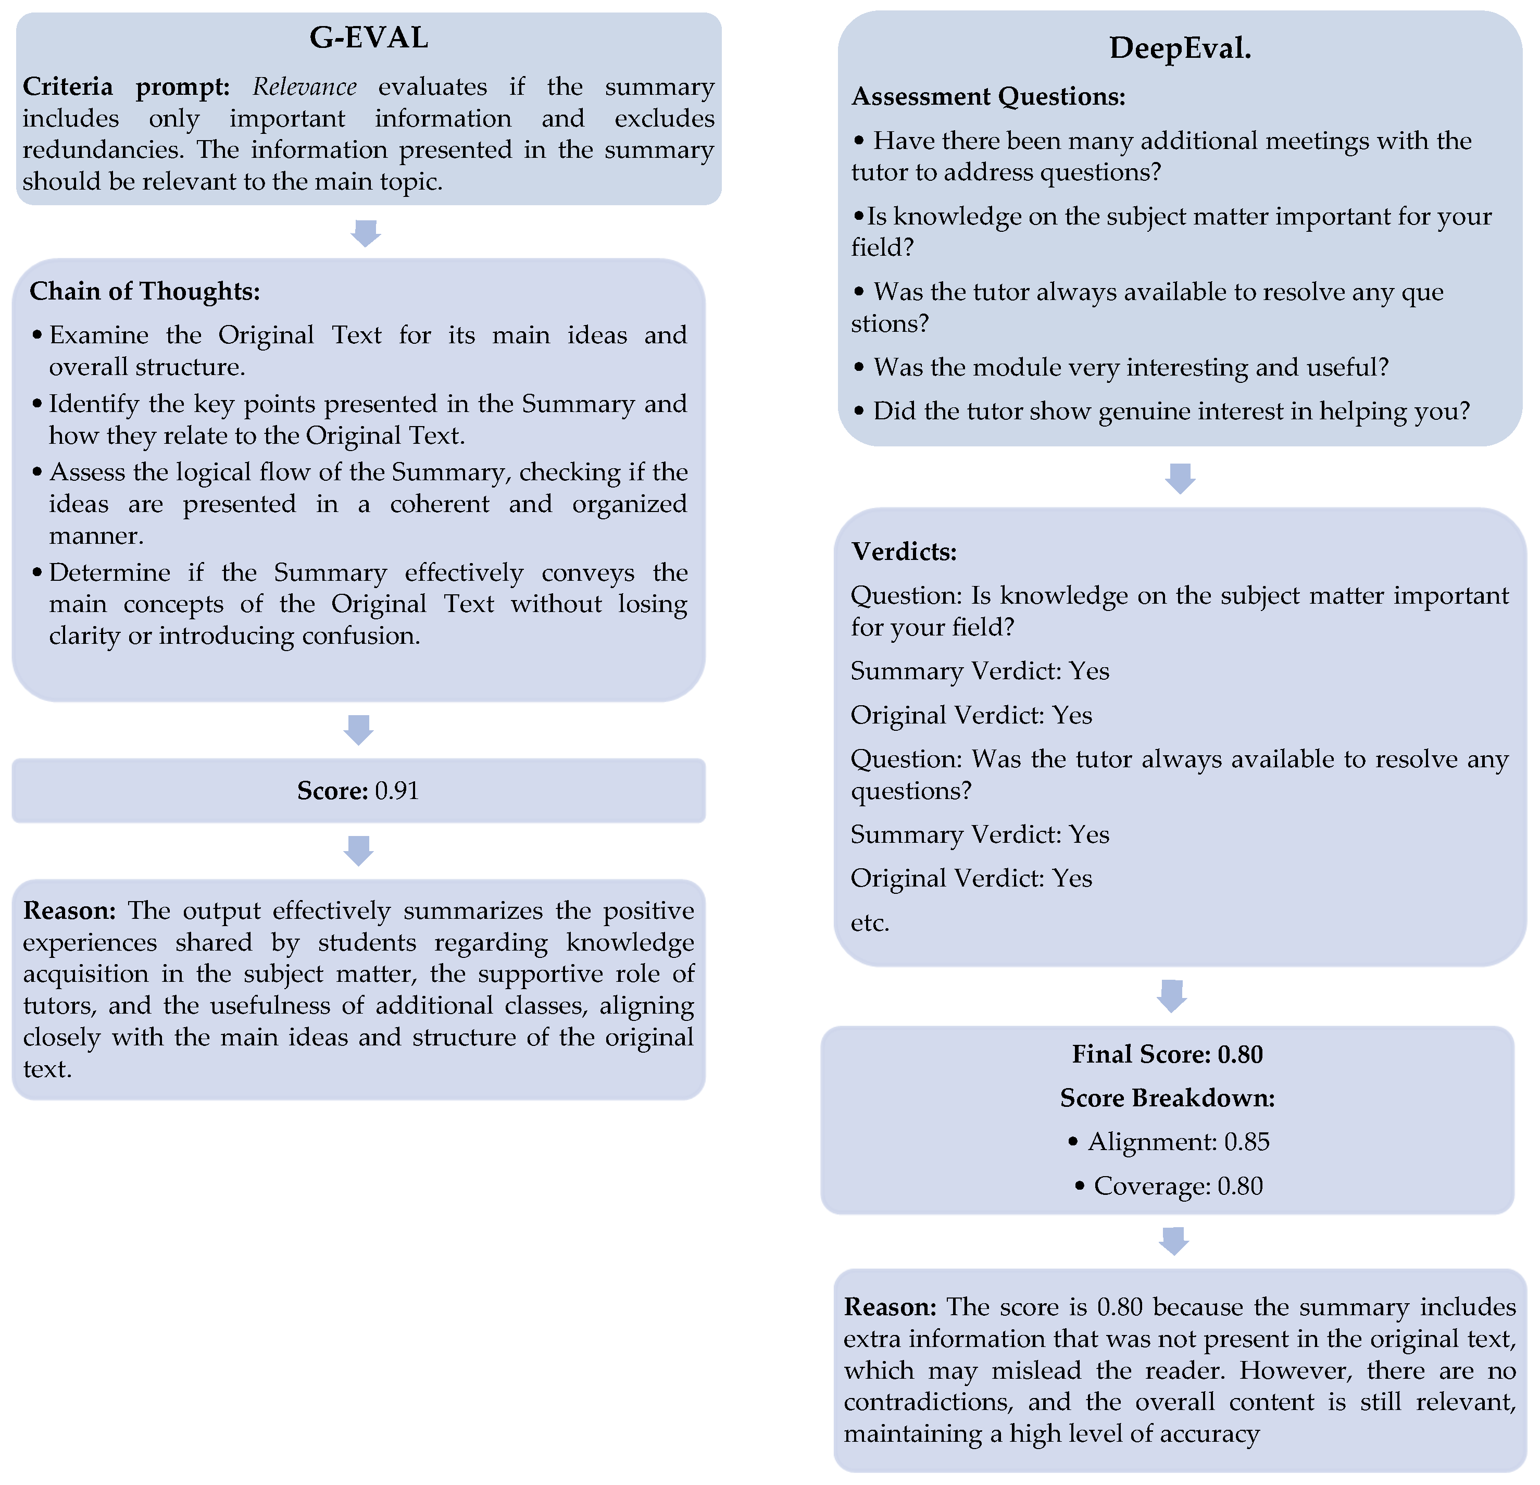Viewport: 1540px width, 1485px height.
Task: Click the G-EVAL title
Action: pyautogui.click(x=369, y=38)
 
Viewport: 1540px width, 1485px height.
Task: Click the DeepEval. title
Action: pyautogui.click(x=1180, y=49)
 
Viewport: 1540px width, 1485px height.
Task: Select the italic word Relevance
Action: pyautogui.click(x=304, y=86)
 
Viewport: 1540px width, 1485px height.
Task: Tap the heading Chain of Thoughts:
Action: pyautogui.click(x=145, y=292)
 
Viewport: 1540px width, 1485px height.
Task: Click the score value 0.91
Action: pyautogui.click(x=397, y=791)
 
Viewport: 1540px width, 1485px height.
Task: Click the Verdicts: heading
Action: pyautogui.click(x=904, y=552)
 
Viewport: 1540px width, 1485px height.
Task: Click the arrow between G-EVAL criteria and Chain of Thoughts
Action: pyautogui.click(x=366, y=233)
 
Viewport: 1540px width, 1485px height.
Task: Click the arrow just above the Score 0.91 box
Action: pyautogui.click(x=358, y=730)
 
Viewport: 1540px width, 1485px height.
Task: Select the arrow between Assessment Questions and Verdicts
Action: pyautogui.click(x=1180, y=478)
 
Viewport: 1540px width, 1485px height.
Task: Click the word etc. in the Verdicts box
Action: pyautogui.click(x=870, y=922)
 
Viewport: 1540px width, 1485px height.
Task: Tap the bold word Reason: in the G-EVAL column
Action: pyautogui.click(x=69, y=910)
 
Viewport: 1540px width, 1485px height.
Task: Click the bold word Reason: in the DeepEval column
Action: pyautogui.click(x=890, y=1307)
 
